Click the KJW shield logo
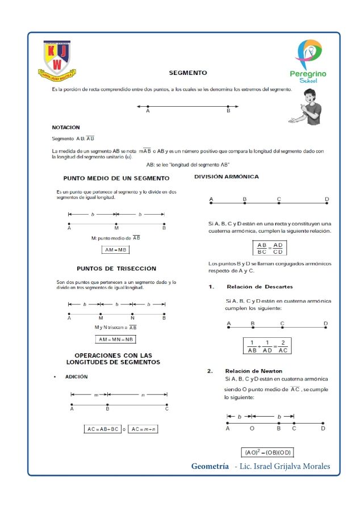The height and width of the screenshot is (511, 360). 57,58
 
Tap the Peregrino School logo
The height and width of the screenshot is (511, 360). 308,61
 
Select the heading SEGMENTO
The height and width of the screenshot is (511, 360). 188,73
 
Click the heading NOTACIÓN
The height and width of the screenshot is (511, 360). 66,127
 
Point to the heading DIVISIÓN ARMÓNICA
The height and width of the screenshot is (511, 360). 227,177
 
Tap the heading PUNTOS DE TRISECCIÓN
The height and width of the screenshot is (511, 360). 116,268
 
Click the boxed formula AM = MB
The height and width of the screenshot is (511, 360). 116,249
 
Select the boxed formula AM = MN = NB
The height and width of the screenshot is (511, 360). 116,339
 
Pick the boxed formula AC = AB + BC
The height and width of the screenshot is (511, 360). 103,429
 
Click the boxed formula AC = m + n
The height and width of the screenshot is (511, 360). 144,429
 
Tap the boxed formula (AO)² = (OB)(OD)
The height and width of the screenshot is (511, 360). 267,453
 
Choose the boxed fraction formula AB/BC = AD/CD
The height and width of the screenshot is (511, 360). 270,248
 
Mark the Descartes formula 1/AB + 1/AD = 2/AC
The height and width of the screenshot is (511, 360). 268,346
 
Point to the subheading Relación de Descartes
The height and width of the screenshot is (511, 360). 259,287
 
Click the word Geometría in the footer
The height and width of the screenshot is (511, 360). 210,467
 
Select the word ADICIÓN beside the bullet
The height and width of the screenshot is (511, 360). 76,376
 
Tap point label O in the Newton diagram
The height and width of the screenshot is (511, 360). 252,429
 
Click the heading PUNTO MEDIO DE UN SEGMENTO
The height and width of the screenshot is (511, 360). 116,178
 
